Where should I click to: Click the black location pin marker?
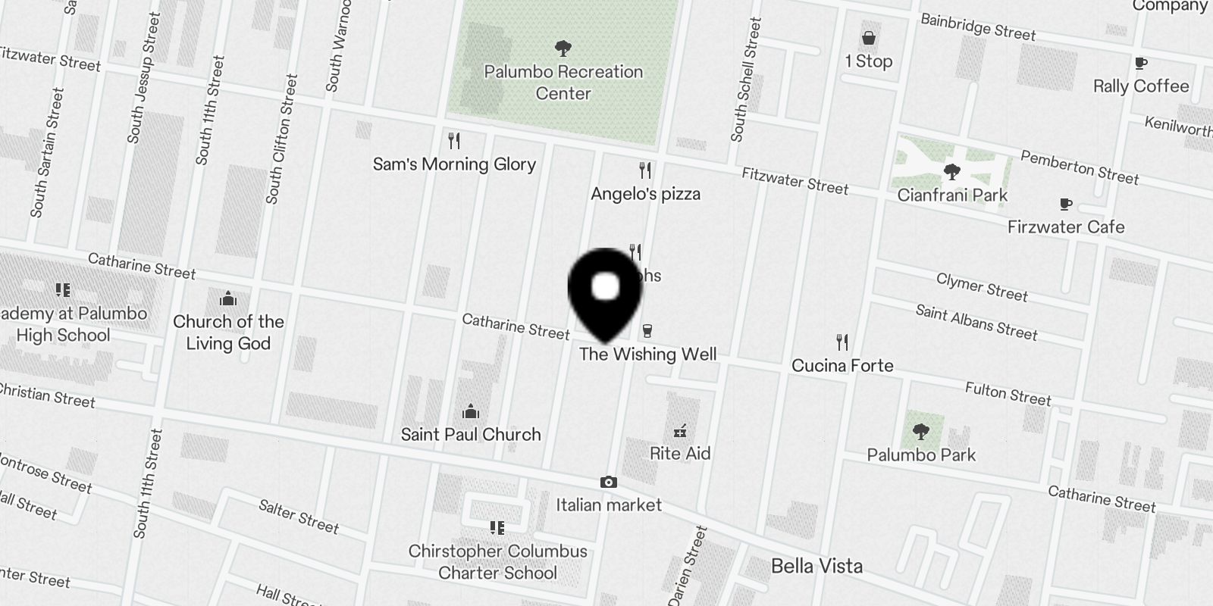(x=605, y=292)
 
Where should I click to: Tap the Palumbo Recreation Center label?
(x=563, y=83)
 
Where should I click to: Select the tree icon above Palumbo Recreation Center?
(x=563, y=49)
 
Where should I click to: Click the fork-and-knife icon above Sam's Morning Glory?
(x=454, y=141)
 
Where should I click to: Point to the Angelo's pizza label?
(x=645, y=194)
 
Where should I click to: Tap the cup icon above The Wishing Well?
(x=647, y=330)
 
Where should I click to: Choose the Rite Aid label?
(x=680, y=454)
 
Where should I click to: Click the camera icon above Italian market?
(x=608, y=483)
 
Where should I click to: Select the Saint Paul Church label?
(x=471, y=435)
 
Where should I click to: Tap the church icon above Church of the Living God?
(x=228, y=298)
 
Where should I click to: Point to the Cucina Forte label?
(x=842, y=366)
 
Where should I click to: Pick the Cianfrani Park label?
(x=952, y=195)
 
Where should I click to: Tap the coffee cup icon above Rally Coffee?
(x=1141, y=64)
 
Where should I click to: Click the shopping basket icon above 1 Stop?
(x=869, y=38)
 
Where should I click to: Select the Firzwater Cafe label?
(x=1066, y=227)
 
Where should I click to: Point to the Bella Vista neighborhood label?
(x=817, y=566)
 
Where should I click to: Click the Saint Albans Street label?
(x=976, y=322)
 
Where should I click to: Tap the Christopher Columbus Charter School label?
(x=497, y=562)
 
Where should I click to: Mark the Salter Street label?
(x=298, y=516)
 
